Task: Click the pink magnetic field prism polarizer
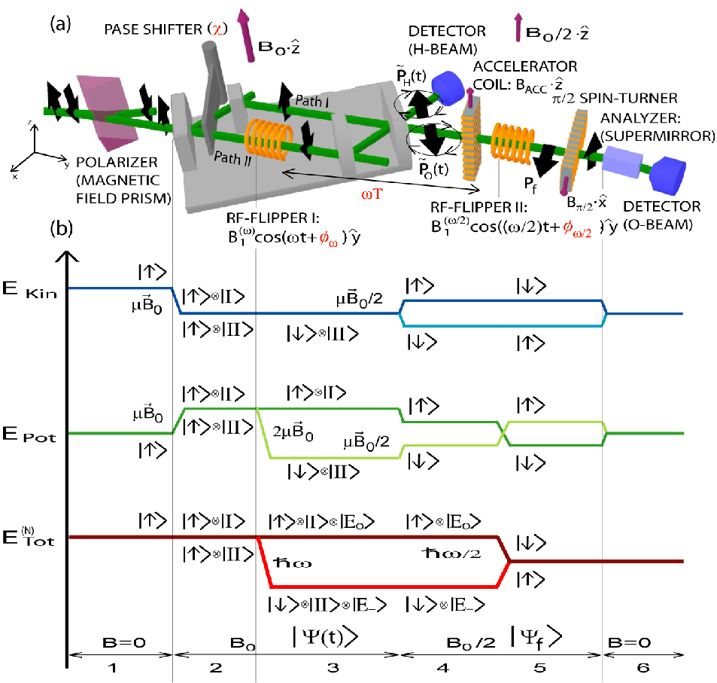pyautogui.click(x=107, y=113)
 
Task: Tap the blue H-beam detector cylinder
pyautogui.click(x=448, y=87)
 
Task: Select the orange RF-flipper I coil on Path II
pyautogui.click(x=269, y=140)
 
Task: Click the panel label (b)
pyautogui.click(x=61, y=227)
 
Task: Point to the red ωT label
pyautogui.click(x=372, y=194)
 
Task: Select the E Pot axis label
pyautogui.click(x=29, y=434)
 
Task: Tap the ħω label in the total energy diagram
pyautogui.click(x=292, y=562)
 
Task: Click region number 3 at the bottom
pyautogui.click(x=333, y=667)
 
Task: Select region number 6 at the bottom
pyautogui.click(x=643, y=667)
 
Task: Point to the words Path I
pyautogui.click(x=312, y=101)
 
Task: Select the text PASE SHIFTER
pyautogui.click(x=153, y=29)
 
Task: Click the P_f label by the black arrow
pyautogui.click(x=530, y=184)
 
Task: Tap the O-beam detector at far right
pyautogui.click(x=668, y=175)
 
